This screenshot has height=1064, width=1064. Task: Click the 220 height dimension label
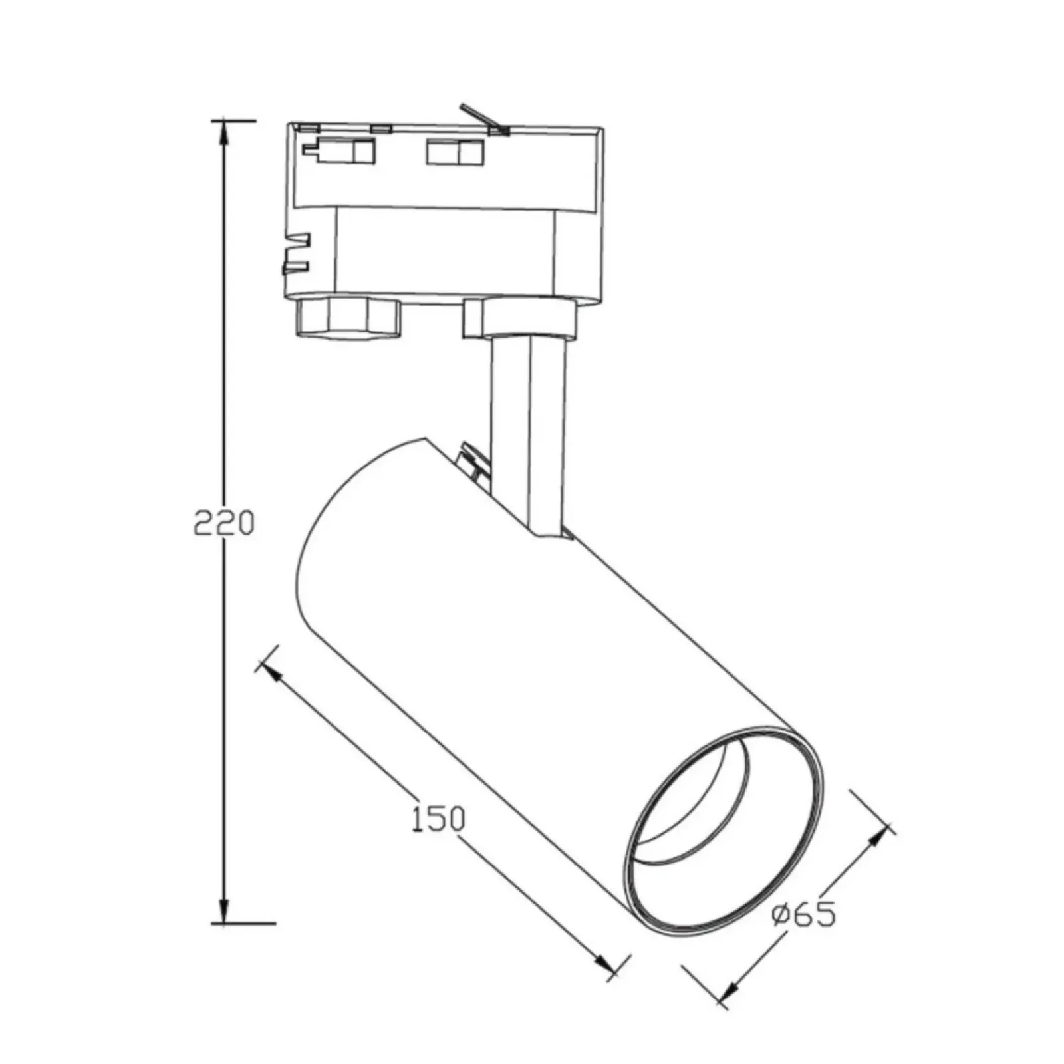[x=223, y=523]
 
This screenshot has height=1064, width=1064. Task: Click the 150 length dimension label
[x=437, y=819]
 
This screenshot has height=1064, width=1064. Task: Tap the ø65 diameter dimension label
[x=804, y=916]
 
